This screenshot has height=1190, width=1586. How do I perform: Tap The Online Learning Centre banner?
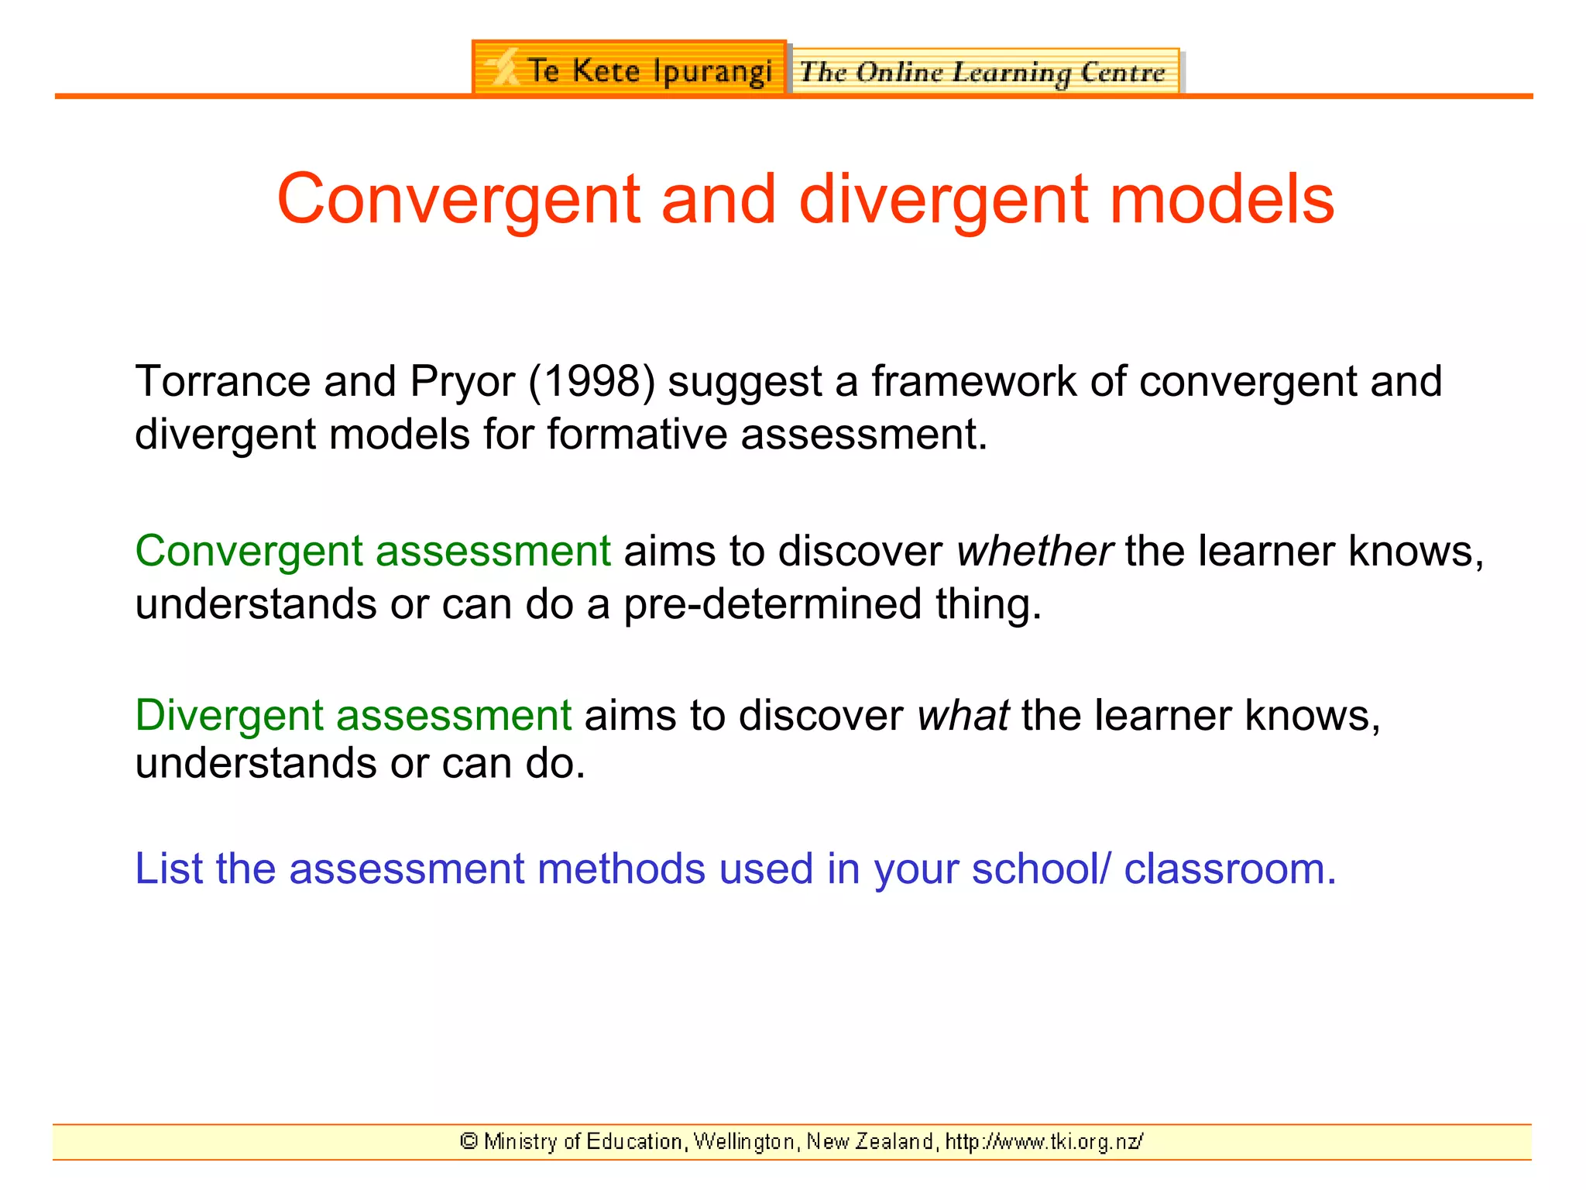(984, 72)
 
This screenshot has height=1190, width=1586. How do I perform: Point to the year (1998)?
(592, 381)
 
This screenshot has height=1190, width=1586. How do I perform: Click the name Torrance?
(222, 381)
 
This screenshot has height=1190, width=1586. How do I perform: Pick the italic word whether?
(1035, 552)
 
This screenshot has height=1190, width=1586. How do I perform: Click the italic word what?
(963, 714)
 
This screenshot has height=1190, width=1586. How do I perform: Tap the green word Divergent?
(228, 715)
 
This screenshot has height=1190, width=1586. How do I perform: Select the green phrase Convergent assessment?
(372, 552)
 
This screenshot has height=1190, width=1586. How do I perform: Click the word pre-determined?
(772, 604)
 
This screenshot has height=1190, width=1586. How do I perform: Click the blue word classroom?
(1230, 868)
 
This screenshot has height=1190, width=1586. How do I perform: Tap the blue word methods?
(621, 868)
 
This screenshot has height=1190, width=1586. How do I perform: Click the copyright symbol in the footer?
(469, 1140)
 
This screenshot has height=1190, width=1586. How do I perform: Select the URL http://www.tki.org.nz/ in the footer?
(1044, 1141)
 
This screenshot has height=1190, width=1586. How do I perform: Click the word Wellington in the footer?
(745, 1141)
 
